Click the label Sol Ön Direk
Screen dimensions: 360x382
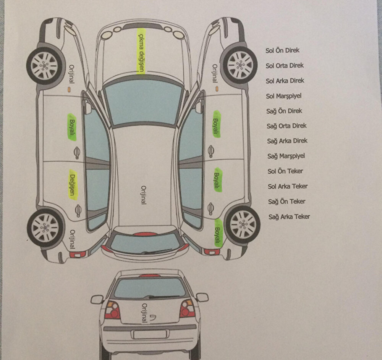[x=283, y=50]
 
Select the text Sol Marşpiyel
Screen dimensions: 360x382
[x=283, y=96]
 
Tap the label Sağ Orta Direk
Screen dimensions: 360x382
[x=287, y=126]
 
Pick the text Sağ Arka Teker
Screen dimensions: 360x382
[x=289, y=217]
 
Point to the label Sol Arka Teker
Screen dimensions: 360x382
[x=288, y=186]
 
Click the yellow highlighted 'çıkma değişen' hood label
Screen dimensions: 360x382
[x=141, y=50]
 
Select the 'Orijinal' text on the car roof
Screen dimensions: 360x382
[x=144, y=195]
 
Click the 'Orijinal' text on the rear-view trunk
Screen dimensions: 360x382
[x=144, y=313]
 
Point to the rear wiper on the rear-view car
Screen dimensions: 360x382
[x=164, y=296]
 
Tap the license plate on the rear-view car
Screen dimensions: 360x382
[x=149, y=334]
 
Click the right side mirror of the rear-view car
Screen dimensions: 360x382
[x=202, y=297]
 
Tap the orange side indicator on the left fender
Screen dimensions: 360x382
[x=69, y=90]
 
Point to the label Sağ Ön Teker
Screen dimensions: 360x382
[x=286, y=202]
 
